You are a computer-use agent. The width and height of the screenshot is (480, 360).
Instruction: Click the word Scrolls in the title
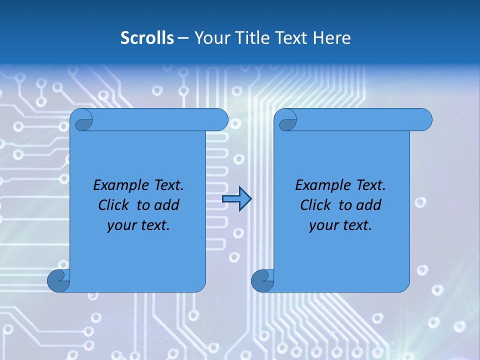tap(147, 38)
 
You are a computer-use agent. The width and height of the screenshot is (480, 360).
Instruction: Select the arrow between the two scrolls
tap(236, 199)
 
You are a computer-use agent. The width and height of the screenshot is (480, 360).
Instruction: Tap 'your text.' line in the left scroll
tap(138, 225)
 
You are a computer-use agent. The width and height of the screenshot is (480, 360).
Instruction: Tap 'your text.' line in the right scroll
tap(340, 225)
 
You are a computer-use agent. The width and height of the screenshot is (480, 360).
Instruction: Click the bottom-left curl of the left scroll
tap(58, 281)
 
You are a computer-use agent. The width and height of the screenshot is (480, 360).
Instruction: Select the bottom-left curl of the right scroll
tap(262, 281)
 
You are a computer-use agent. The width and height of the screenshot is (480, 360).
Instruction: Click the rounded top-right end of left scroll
tap(220, 120)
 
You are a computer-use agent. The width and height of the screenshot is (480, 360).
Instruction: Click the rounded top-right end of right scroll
tap(424, 120)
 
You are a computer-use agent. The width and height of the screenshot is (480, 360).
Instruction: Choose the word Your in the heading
tap(211, 38)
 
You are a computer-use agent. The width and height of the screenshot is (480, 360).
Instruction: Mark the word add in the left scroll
tap(166, 205)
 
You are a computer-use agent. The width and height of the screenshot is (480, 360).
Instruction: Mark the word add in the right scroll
tap(368, 205)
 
